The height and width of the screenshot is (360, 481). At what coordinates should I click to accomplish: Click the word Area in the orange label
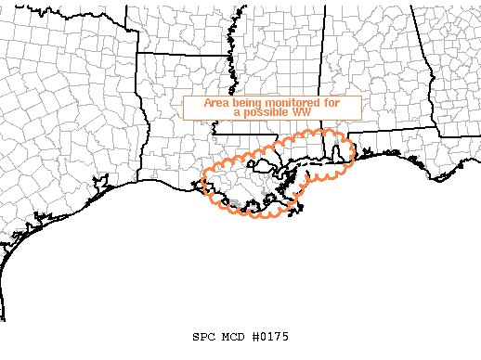click(x=215, y=104)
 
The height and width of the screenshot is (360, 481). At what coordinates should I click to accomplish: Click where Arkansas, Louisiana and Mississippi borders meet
click(x=227, y=78)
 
